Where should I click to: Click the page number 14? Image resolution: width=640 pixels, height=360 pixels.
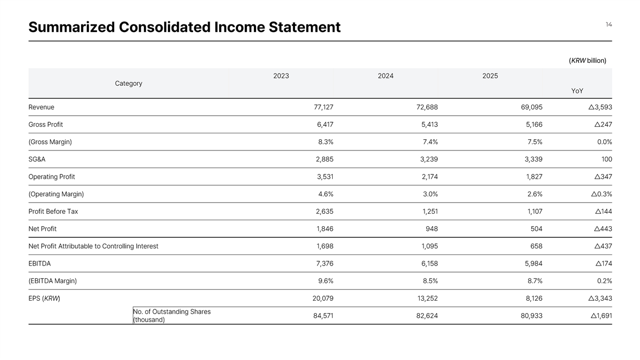tap(609, 25)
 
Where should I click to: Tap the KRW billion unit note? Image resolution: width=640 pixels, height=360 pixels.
tap(587, 60)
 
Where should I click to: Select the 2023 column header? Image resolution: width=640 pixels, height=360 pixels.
tap(281, 76)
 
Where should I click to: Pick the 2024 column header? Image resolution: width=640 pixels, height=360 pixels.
tap(386, 76)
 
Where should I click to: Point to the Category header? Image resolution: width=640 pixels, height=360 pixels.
tap(129, 83)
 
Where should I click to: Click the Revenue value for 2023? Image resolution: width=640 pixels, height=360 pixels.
tap(323, 107)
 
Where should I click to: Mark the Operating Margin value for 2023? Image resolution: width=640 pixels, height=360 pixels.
tap(325, 194)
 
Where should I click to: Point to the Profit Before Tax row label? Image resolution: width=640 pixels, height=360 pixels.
tap(53, 211)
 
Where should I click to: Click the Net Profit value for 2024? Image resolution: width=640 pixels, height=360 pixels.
tap(431, 229)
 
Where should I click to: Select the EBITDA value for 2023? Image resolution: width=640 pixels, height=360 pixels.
tap(323, 263)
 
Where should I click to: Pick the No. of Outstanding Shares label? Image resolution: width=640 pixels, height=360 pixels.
tap(172, 316)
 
